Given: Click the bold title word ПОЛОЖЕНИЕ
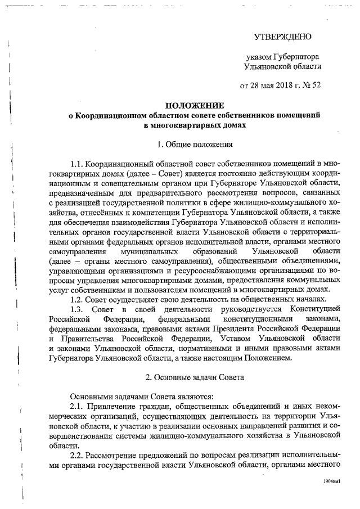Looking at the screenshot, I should (193, 106).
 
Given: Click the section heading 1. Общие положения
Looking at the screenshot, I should (193, 144).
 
